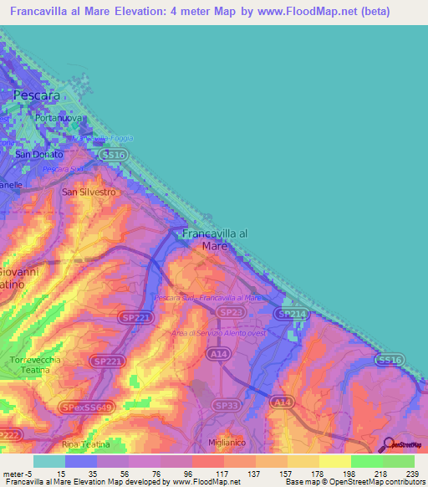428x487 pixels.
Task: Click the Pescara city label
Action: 37,95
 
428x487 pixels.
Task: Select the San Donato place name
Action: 39,155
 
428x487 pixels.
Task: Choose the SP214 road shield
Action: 292,314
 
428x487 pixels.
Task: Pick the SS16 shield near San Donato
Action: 112,155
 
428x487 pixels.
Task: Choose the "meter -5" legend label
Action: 17,473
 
